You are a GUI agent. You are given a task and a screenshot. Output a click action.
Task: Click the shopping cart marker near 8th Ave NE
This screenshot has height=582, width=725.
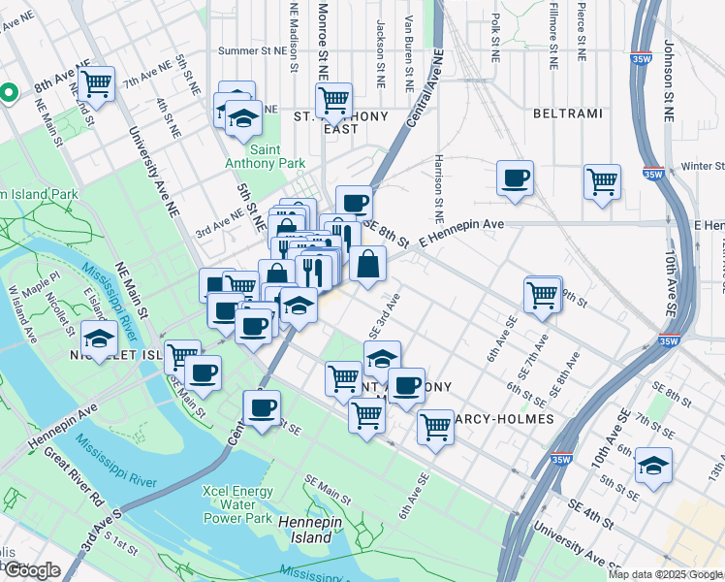pos(97,85)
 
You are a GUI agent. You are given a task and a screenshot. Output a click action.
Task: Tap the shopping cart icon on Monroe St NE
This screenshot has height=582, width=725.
pos(333,100)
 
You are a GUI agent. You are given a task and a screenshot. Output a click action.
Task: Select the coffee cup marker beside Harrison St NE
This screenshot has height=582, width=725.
pos(515,178)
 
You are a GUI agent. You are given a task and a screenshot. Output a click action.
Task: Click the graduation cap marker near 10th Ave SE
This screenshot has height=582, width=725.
pos(654,466)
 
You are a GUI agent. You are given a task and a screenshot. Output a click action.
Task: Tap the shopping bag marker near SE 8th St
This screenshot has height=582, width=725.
pos(368,265)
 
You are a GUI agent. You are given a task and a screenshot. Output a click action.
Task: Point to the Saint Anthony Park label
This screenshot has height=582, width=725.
pos(279,156)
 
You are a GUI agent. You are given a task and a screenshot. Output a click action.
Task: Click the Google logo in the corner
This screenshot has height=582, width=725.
pos(32,570)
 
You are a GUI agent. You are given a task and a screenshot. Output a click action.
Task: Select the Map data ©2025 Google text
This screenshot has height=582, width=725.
pos(665,575)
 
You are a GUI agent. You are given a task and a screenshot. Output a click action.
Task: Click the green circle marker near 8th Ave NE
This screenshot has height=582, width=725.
pos(8,93)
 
